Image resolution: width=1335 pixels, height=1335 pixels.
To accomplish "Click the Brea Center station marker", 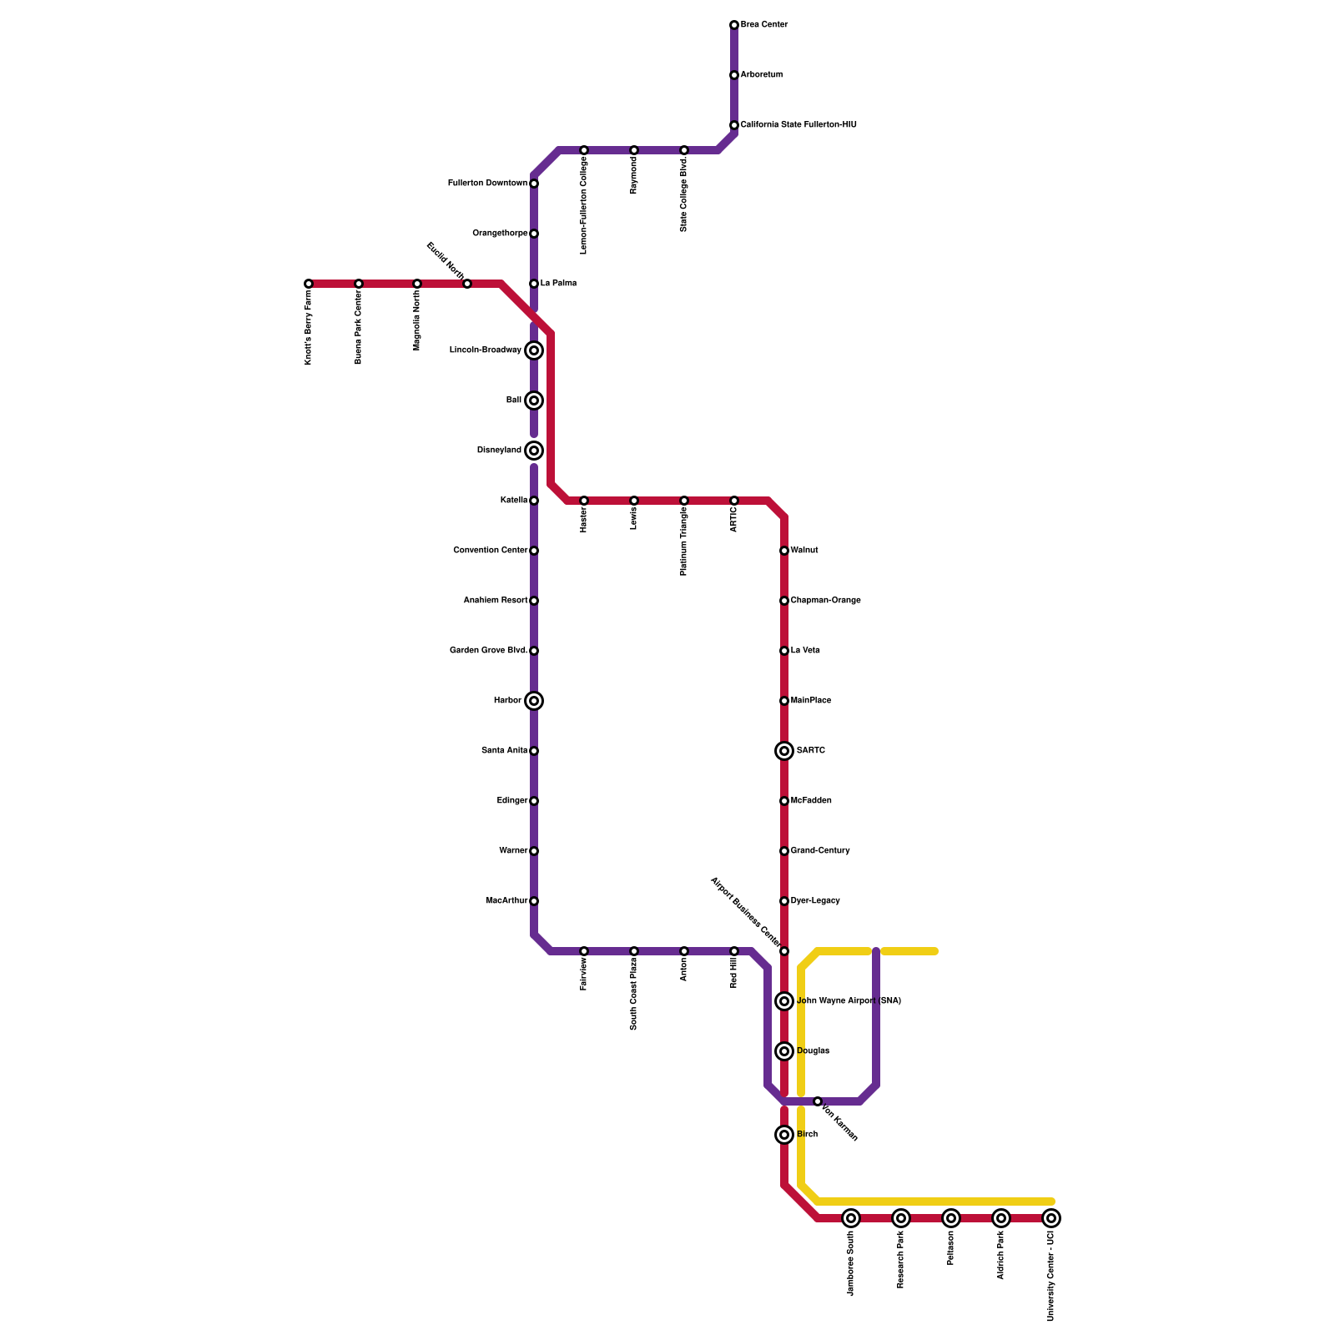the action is (x=734, y=25).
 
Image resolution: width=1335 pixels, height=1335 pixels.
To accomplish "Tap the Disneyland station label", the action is (x=499, y=451).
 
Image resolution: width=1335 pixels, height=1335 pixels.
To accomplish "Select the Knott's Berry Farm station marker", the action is (x=309, y=284).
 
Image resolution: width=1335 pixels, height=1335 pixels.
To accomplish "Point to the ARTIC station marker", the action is (x=734, y=501).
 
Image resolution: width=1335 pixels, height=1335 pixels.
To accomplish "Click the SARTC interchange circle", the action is (x=784, y=751).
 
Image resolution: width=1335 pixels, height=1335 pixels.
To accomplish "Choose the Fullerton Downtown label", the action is (x=487, y=184).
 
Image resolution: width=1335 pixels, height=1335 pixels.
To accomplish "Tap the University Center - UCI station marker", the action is (x=1051, y=1218).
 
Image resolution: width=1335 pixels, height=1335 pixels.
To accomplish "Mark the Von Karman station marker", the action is (x=818, y=1101).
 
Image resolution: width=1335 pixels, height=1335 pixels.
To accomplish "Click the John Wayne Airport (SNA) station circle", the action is (x=784, y=1001).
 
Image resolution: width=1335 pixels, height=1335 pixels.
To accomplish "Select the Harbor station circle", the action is (x=534, y=701).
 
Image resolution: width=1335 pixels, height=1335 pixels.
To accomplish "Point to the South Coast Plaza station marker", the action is (x=634, y=951).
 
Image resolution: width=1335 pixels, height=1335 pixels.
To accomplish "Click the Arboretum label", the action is (x=762, y=75).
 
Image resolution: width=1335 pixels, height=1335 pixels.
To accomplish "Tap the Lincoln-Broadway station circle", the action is (x=534, y=350).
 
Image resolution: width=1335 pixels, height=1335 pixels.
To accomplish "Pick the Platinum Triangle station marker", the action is (x=684, y=501).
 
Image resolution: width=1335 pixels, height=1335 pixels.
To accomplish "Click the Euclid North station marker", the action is (x=467, y=284).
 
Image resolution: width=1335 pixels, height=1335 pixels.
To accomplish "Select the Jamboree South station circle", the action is (x=851, y=1218).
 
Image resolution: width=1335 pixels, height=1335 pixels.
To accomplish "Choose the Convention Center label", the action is (x=491, y=551).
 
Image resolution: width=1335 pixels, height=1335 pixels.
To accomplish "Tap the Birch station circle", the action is (x=784, y=1135).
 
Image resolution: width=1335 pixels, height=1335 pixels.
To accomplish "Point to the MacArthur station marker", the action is (x=534, y=901).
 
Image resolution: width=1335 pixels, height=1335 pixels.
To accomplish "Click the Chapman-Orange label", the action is (x=825, y=601).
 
